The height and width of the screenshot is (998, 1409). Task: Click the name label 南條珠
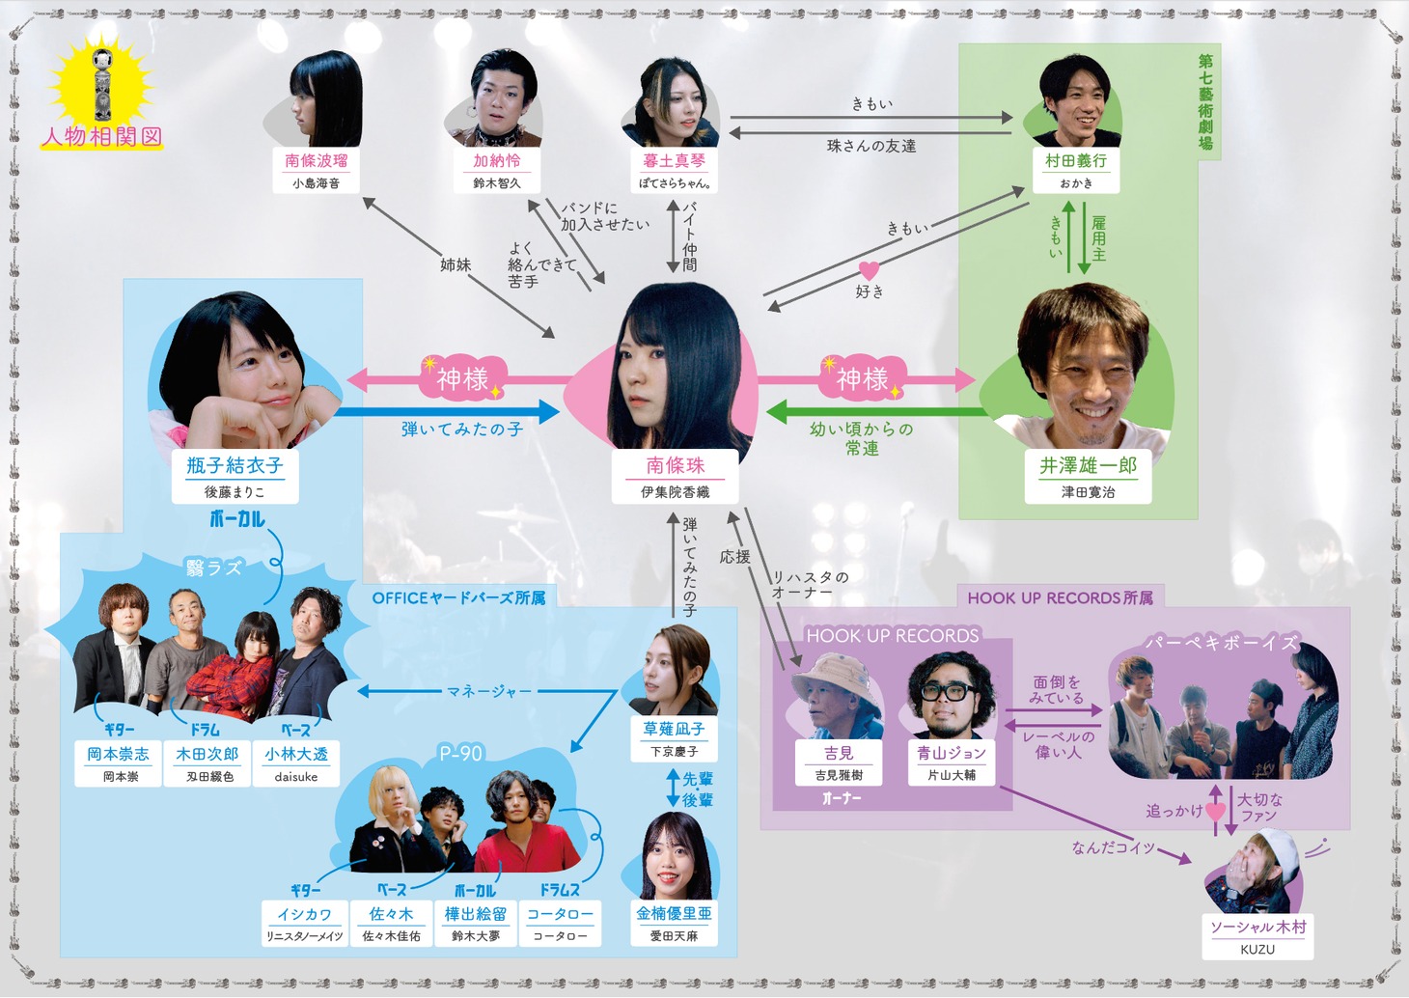pyautogui.click(x=675, y=466)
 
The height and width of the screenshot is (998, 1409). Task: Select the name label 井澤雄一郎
pyautogui.click(x=1088, y=466)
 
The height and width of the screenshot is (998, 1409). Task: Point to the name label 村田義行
pyautogui.click(x=1075, y=161)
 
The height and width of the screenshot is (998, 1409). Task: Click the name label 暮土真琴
pyautogui.click(x=675, y=161)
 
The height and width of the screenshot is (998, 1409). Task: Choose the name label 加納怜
pyautogui.click(x=496, y=161)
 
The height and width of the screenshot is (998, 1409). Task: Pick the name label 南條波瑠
pyautogui.click(x=316, y=161)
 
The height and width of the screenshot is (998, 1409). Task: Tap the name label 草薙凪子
pyautogui.click(x=674, y=730)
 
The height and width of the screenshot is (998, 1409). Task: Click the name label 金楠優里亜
pyautogui.click(x=674, y=913)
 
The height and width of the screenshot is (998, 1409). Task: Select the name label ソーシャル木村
pyautogui.click(x=1257, y=928)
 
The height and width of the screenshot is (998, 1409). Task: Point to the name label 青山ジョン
pyautogui.click(x=952, y=753)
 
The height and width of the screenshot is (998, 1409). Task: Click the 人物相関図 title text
pyautogui.click(x=101, y=137)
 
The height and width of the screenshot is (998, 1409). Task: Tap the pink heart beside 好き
pyautogui.click(x=869, y=270)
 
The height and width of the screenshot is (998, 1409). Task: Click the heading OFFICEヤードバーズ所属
pyautogui.click(x=458, y=598)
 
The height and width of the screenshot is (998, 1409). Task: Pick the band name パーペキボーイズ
pyautogui.click(x=1221, y=643)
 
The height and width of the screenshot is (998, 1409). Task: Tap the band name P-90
pyautogui.click(x=460, y=753)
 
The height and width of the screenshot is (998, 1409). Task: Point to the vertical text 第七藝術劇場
pyautogui.click(x=1205, y=101)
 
